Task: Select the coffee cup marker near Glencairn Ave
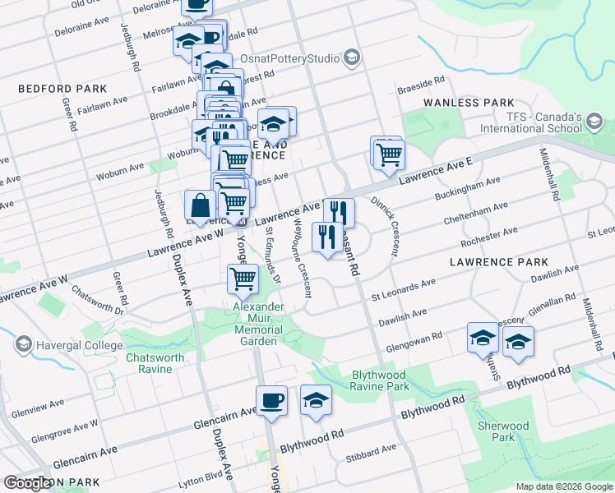(x=272, y=401)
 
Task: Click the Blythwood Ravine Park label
(x=380, y=380)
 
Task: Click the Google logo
(x=27, y=483)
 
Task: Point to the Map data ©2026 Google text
(x=563, y=486)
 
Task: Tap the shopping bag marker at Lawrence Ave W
(x=200, y=207)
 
